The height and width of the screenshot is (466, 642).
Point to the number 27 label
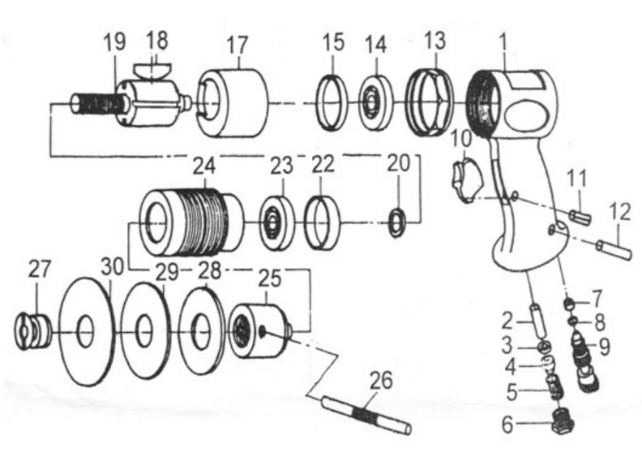click(x=41, y=267)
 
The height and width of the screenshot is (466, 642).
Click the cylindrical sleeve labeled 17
click(x=233, y=101)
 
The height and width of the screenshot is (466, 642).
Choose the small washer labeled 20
click(x=396, y=222)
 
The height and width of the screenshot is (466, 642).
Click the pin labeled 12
click(x=614, y=248)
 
